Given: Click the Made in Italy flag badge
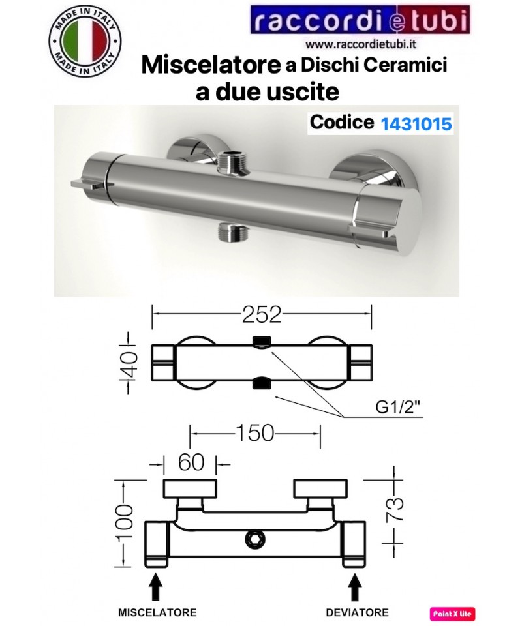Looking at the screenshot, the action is tap(85, 41).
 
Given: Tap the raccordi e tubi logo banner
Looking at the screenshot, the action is tap(360, 20).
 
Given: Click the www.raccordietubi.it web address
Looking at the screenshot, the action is tap(361, 44).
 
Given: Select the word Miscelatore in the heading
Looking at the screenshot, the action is tap(211, 65).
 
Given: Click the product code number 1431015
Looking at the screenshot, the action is tap(416, 124).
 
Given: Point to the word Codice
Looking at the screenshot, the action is tap(342, 122).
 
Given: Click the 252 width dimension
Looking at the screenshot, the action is tap(262, 314).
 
